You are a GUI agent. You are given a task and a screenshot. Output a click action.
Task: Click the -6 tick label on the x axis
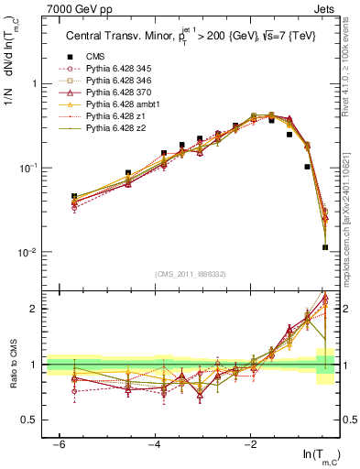click(x=59, y=444)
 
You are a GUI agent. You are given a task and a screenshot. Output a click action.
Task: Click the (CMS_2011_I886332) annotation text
click(x=191, y=274)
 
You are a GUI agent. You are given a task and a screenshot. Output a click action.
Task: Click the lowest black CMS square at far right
click(x=325, y=246)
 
